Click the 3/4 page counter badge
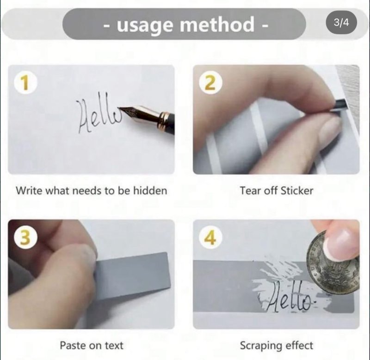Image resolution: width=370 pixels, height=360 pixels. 341,23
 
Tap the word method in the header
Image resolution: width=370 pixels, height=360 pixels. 217,24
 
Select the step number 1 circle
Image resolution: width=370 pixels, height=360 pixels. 25,83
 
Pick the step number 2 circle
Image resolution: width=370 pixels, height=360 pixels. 210,83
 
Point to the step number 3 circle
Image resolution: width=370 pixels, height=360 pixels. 25,238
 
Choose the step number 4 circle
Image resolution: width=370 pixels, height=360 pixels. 210,238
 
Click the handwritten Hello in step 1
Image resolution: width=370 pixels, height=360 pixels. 98,113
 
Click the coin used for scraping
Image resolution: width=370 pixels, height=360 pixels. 333,263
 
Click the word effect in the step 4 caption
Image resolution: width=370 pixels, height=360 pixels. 299,345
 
